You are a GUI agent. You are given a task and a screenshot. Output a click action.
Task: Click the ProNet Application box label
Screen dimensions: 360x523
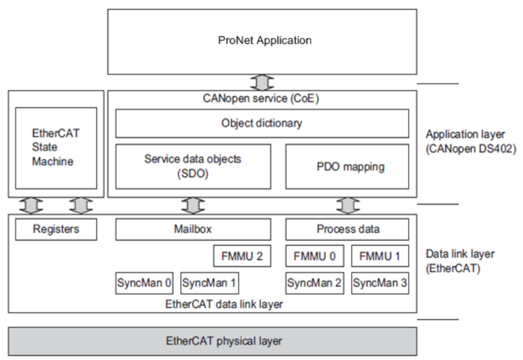pyautogui.click(x=264, y=40)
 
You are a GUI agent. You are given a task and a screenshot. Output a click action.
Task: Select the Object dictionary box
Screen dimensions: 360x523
pyautogui.click(x=262, y=123)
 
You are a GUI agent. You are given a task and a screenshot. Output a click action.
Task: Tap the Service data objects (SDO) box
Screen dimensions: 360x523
pyautogui.click(x=193, y=166)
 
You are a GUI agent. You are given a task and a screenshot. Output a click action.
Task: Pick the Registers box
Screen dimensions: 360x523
pyautogui.click(x=56, y=229)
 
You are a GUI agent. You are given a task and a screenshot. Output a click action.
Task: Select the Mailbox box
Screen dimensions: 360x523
pyautogui.click(x=193, y=229)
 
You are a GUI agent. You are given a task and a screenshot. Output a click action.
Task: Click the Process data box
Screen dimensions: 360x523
pyautogui.click(x=347, y=229)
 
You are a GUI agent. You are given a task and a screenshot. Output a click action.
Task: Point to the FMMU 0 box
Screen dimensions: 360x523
pyautogui.click(x=314, y=256)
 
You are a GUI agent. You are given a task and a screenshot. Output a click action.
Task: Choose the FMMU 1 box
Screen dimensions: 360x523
pyautogui.click(x=379, y=256)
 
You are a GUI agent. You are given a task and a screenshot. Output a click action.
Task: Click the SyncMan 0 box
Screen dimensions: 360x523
pyautogui.click(x=144, y=283)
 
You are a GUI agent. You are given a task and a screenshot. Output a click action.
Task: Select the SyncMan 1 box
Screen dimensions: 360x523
pyautogui.click(x=209, y=283)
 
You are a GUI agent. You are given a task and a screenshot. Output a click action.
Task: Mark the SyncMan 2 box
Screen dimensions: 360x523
pyautogui.click(x=315, y=283)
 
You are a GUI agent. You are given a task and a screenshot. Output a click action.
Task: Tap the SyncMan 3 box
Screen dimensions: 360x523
pyautogui.click(x=380, y=283)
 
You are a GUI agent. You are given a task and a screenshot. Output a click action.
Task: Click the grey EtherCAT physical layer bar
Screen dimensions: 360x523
pyautogui.click(x=212, y=341)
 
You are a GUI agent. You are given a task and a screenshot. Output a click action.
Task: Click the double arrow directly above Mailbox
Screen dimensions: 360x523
pyautogui.click(x=193, y=205)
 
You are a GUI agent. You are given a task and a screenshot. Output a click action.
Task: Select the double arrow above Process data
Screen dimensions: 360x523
pyautogui.click(x=347, y=205)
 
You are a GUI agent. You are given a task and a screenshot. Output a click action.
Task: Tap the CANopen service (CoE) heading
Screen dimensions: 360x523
pyautogui.click(x=262, y=99)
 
